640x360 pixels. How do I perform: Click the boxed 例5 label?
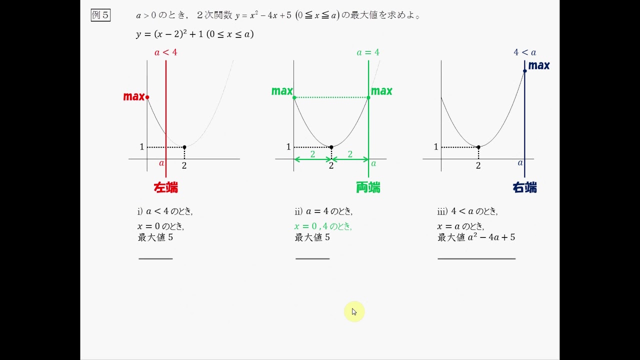point(100,15)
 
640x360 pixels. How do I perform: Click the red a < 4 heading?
point(165,52)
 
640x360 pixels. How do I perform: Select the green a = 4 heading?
point(368,52)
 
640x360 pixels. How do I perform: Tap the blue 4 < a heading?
point(524,52)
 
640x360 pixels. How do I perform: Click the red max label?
point(133,96)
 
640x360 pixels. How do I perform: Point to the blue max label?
point(539,65)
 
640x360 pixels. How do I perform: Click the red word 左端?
point(165,188)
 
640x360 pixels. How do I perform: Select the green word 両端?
point(368,188)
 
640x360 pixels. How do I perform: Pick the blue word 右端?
point(524,188)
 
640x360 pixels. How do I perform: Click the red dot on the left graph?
point(147,97)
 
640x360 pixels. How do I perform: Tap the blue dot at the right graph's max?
point(524,71)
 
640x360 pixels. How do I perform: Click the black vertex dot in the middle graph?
point(331,147)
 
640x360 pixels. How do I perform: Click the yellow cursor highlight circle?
point(354,311)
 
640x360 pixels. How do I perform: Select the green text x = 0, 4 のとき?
point(323,226)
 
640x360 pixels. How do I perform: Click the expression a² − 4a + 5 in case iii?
point(491,237)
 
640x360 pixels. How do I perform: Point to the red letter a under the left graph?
point(161,163)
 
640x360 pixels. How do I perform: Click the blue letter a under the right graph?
point(520,162)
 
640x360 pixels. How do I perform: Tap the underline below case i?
point(155,258)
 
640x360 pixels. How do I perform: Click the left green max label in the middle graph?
point(282,91)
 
